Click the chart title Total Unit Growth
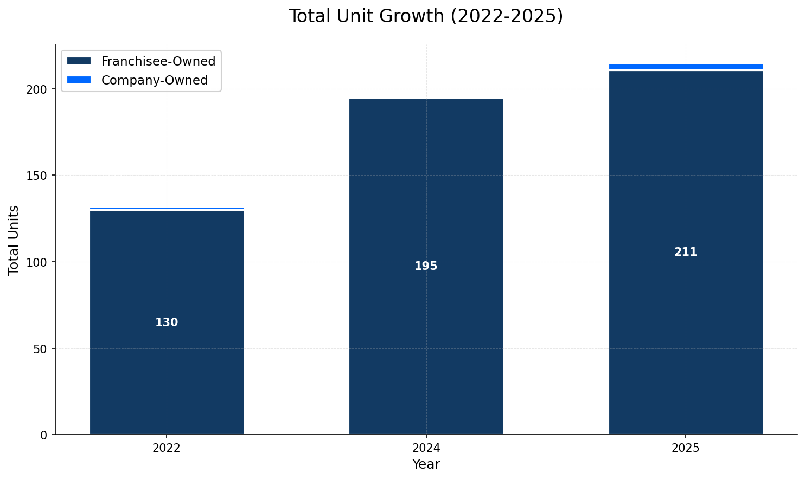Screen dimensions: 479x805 [x=426, y=16]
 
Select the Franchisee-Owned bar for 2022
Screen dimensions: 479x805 [x=167, y=271]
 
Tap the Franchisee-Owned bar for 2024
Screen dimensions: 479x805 [x=426, y=217]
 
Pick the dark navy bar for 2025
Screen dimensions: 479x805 [x=686, y=190]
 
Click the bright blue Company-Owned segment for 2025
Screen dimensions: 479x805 [x=686, y=67]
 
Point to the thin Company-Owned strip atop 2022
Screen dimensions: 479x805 [x=167, y=208]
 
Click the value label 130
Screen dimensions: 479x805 [x=167, y=322]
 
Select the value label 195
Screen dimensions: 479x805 [x=426, y=266]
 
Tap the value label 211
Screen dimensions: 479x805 [x=686, y=252]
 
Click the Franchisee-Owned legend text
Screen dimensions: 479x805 [x=158, y=61]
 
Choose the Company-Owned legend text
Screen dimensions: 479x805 [x=155, y=80]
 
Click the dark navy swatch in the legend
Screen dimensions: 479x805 [x=79, y=61]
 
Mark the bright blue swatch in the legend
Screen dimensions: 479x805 [x=79, y=80]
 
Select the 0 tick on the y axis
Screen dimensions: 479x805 [x=44, y=435]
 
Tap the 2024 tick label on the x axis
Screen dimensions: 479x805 [x=426, y=448]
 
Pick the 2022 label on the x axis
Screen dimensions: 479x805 [x=167, y=448]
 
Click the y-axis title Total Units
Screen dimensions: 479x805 [x=14, y=240]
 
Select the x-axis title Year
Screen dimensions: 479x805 [x=426, y=464]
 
